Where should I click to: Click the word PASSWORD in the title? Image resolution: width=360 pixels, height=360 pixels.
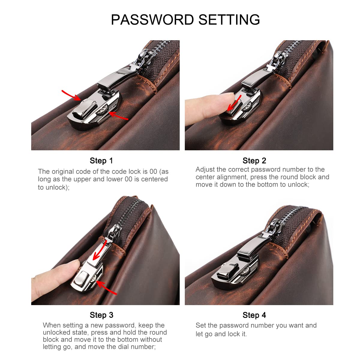click(x=152, y=20)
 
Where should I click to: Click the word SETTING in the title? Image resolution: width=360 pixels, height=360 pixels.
click(x=229, y=20)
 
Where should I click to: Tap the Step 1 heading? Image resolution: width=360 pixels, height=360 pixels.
click(x=101, y=161)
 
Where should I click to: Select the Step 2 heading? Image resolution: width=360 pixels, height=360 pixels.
click(x=254, y=161)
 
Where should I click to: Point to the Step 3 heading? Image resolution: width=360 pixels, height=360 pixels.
click(x=101, y=315)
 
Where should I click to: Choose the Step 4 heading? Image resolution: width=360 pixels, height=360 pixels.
click(x=254, y=315)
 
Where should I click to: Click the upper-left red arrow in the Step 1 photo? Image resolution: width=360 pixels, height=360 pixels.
click(x=71, y=95)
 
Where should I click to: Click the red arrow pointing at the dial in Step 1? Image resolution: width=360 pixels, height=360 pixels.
click(x=118, y=116)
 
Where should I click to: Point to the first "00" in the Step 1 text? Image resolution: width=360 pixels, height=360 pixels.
click(x=153, y=172)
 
